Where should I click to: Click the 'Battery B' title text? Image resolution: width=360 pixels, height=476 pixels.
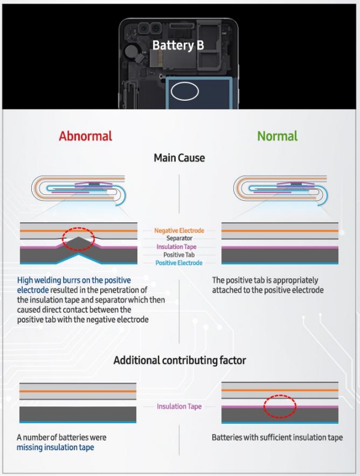(178, 45)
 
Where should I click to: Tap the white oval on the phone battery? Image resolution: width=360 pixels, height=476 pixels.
(185, 91)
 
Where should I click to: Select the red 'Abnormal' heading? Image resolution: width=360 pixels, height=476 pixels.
(85, 136)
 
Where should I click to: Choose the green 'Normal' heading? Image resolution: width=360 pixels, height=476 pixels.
(277, 136)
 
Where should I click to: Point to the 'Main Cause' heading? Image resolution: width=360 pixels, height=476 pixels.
(179, 158)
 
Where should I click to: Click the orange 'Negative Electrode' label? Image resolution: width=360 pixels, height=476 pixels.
(179, 230)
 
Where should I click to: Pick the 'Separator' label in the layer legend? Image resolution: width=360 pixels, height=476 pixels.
(179, 239)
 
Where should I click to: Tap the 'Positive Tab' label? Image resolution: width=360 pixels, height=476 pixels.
(179, 255)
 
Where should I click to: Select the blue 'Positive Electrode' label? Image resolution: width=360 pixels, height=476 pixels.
(179, 263)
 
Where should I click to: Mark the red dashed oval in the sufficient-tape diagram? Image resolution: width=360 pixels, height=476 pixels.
(280, 406)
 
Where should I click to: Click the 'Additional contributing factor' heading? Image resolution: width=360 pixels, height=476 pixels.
(179, 360)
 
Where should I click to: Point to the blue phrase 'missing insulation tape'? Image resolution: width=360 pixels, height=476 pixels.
(55, 447)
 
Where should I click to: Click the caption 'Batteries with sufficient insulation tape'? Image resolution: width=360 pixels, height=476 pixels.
(277, 438)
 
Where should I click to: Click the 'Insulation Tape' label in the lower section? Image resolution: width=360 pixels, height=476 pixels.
(179, 406)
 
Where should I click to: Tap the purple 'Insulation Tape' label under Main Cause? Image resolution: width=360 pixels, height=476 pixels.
(179, 247)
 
